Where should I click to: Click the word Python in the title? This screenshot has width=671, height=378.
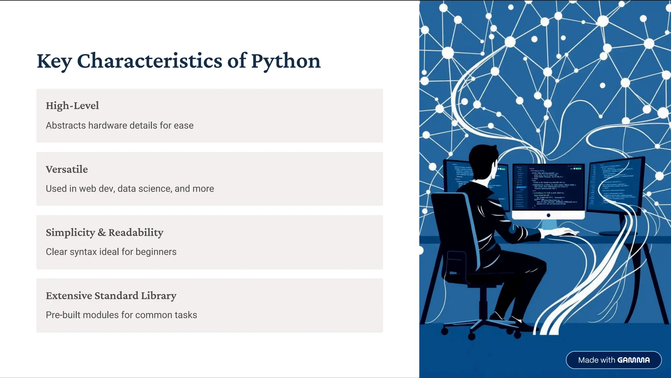coord(286,61)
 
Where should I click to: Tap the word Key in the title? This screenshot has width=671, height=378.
coord(54,61)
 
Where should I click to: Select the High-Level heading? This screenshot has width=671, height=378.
coord(72,105)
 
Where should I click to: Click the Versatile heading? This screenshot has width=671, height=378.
coord(67,169)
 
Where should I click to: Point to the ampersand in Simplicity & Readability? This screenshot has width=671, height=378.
coord(102,233)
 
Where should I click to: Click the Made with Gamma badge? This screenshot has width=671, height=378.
coord(613,360)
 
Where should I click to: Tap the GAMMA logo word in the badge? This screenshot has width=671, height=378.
coord(633,360)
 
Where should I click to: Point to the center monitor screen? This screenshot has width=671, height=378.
coord(548,187)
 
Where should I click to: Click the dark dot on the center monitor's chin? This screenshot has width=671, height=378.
coord(548,215)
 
